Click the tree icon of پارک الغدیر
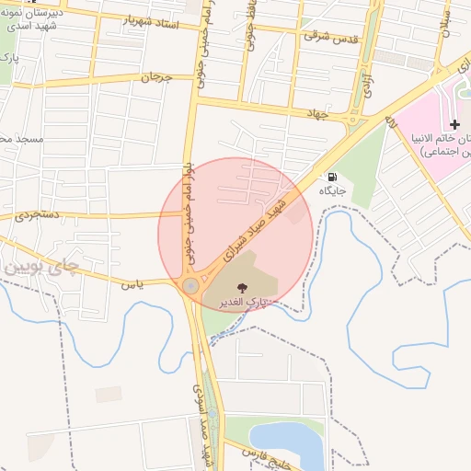tap(243, 287)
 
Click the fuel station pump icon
tap(331, 177)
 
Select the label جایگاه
tap(331, 191)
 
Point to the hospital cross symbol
tap(454, 124)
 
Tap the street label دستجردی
tap(36, 216)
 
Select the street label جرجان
tap(156, 77)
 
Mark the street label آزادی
tap(365, 77)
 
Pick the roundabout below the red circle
tap(190, 286)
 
